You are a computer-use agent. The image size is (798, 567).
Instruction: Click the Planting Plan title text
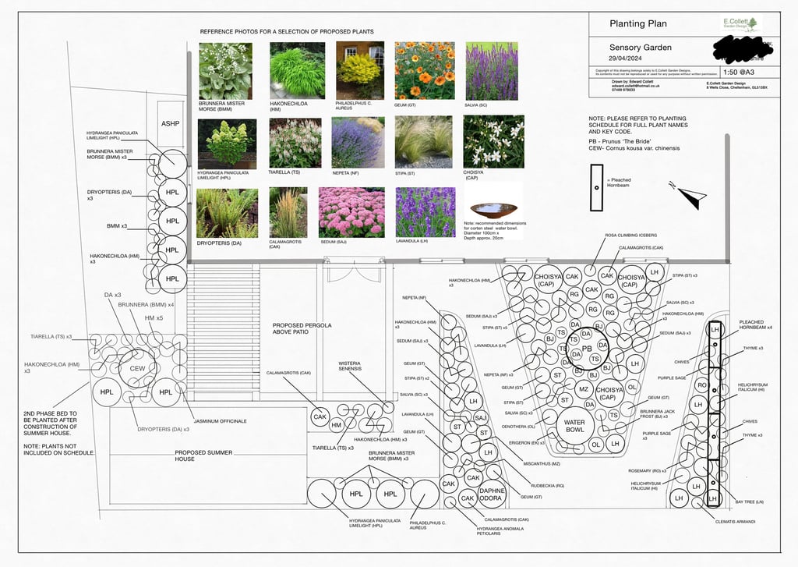pyautogui.click(x=638, y=24)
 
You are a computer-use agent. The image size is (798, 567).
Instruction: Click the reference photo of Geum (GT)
pyautogui.click(x=424, y=70)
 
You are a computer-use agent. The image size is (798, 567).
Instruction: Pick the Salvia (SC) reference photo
pyautogui.click(x=491, y=70)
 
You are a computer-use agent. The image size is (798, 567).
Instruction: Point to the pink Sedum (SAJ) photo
pyautogui.click(x=351, y=211)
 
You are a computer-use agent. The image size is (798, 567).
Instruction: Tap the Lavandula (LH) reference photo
pyautogui.click(x=424, y=211)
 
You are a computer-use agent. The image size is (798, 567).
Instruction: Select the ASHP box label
pyautogui.click(x=170, y=124)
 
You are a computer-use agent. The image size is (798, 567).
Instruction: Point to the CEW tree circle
pyautogui.click(x=137, y=368)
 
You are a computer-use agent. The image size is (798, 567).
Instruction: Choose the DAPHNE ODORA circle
pyautogui.click(x=492, y=494)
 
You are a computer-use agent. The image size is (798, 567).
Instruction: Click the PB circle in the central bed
pyautogui.click(x=587, y=349)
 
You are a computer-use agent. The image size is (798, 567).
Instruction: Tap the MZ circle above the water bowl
pyautogui.click(x=583, y=389)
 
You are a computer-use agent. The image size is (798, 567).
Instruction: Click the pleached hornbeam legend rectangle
pyautogui.click(x=596, y=188)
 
